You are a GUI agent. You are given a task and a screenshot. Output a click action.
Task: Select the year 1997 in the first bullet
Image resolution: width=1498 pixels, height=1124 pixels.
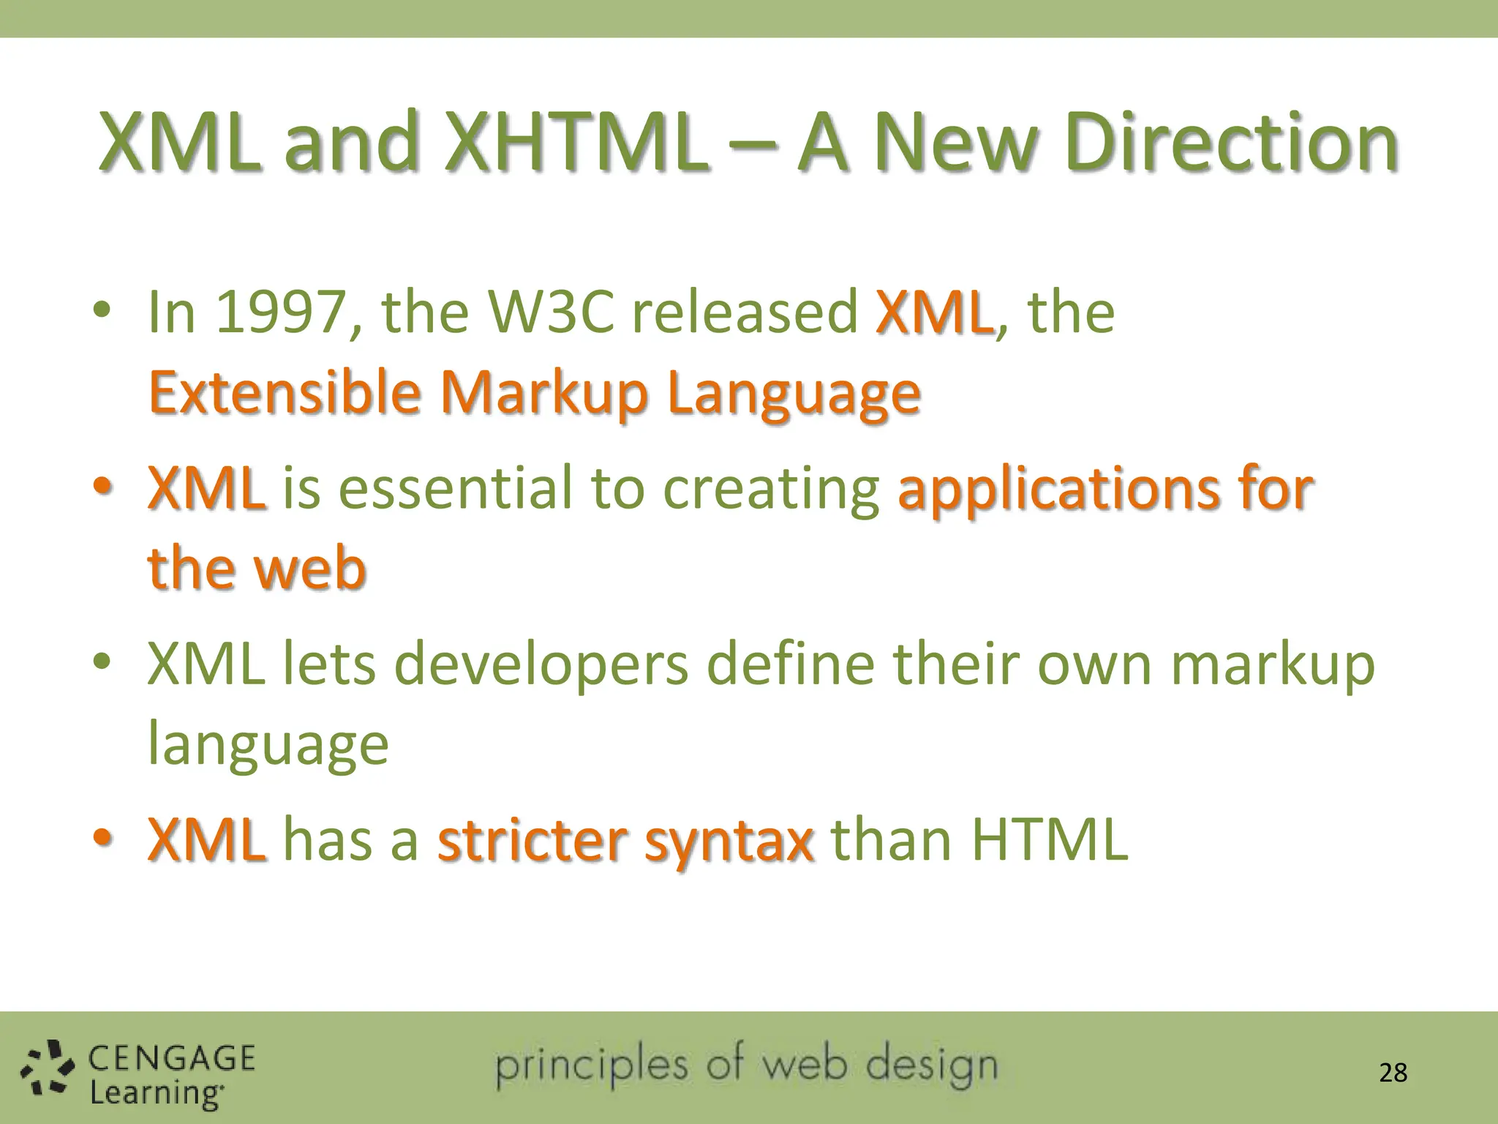click(x=280, y=312)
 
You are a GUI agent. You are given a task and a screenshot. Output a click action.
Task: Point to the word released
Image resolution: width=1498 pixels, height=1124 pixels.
click(x=744, y=312)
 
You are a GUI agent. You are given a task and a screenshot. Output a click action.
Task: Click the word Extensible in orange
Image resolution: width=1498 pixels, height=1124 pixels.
click(x=284, y=393)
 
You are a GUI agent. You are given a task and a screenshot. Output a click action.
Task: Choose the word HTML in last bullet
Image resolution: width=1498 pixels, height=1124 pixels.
click(x=1049, y=839)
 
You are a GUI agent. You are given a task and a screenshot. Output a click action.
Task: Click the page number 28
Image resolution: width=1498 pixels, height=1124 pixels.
click(x=1393, y=1073)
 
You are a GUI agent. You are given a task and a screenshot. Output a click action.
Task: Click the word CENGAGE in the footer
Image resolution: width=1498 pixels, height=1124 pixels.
click(x=172, y=1058)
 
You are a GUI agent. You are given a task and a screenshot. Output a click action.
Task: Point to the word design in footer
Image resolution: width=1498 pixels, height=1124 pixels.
click(x=931, y=1065)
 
